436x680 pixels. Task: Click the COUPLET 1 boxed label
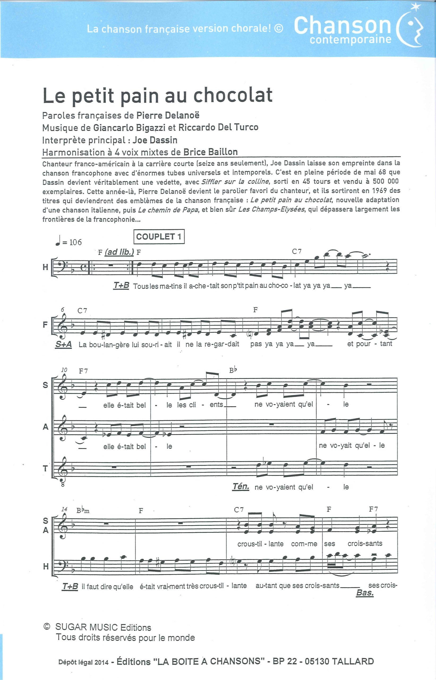159,236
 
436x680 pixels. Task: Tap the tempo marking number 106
75,242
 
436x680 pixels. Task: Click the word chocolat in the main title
233,95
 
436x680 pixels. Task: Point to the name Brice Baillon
210,152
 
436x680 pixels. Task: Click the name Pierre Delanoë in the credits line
168,115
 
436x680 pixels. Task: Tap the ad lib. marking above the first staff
119,252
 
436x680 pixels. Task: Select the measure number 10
64,370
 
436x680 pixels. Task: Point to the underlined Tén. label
241,486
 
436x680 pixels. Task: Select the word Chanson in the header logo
343,25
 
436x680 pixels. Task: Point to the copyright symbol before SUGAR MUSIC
47,627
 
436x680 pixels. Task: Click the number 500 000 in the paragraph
385,181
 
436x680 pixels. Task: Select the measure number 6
63,309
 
